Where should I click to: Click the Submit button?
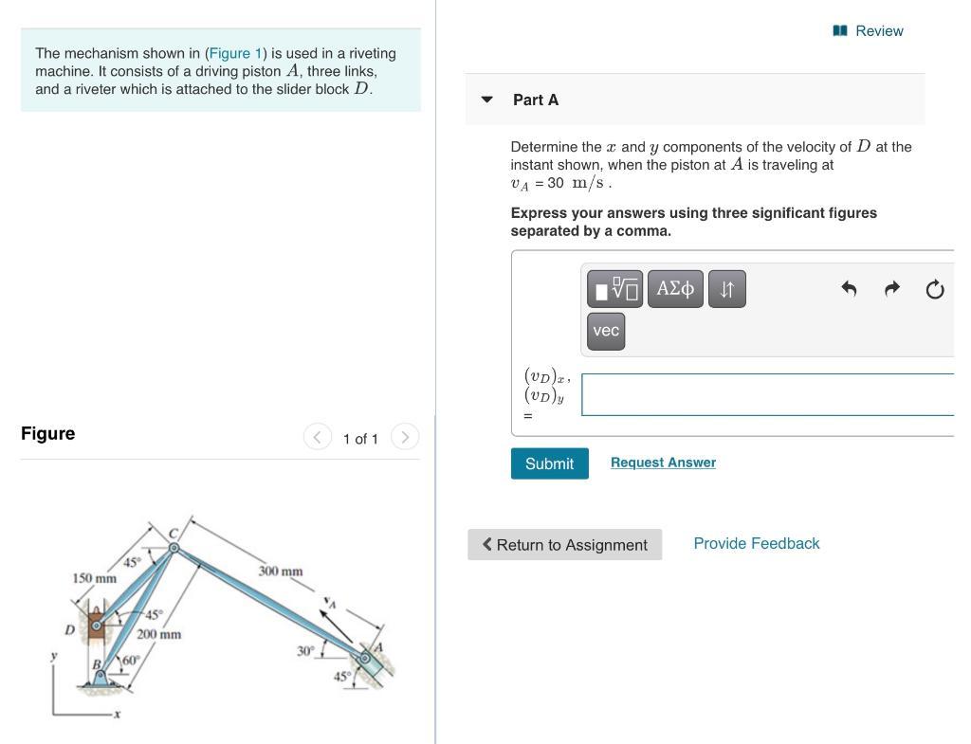[549, 463]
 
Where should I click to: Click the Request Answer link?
[663, 463]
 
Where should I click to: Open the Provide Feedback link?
[756, 543]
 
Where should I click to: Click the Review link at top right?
[868, 31]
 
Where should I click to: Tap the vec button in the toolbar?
[605, 331]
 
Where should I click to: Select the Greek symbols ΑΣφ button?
[675, 288]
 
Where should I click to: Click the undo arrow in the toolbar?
[849, 289]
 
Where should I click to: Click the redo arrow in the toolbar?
[891, 289]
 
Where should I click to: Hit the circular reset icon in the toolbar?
[934, 289]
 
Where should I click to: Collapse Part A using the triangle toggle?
[487, 100]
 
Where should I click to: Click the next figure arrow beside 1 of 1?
[405, 437]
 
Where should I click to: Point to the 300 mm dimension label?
[281, 572]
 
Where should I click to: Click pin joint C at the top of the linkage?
[174, 547]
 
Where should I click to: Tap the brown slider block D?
[97, 626]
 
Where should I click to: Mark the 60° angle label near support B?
[130, 660]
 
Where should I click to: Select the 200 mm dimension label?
[158, 634]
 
